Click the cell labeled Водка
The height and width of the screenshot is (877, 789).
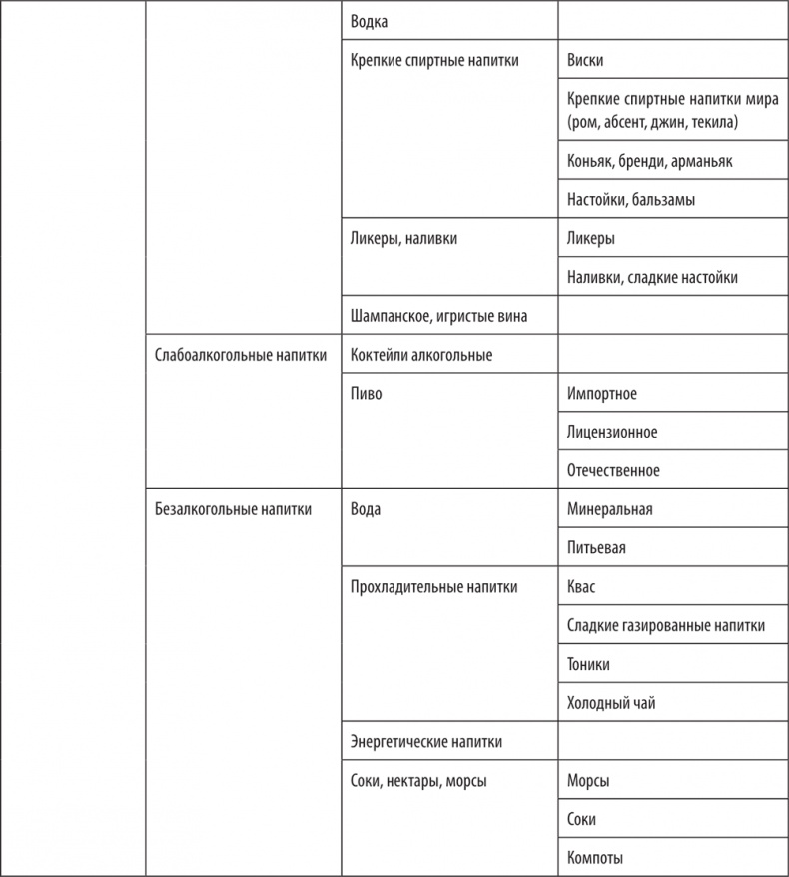coord(370,20)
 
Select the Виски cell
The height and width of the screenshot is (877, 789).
coord(584,60)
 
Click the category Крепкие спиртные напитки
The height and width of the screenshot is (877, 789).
coord(435,60)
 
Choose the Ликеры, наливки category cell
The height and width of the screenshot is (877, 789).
coord(404,239)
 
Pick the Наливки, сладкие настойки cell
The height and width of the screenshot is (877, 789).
coord(651,277)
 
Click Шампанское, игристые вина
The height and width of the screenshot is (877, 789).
coord(438,316)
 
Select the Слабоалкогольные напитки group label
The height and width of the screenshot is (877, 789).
coord(241,355)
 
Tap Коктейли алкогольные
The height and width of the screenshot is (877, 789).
coord(421,355)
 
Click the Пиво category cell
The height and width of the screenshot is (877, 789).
coord(367,394)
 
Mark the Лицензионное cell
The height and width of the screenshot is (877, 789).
coord(611,433)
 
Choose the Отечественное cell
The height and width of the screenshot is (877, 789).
coord(612,470)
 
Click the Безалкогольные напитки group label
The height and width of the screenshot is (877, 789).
coord(233,509)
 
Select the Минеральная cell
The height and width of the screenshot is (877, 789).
coord(609,509)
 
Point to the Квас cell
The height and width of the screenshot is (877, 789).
coord(581,587)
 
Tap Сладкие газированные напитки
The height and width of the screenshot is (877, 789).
coord(665,626)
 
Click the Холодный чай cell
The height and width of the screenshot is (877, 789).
coord(610,703)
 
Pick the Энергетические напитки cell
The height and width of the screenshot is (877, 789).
coord(426,742)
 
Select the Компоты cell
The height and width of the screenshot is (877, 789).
coord(595,858)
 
